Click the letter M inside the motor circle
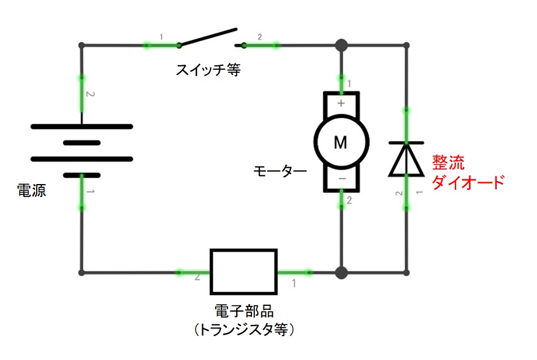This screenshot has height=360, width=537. tap(341, 142)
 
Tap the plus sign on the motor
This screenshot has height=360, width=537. tap(341, 103)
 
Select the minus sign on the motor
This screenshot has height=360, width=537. tap(341, 178)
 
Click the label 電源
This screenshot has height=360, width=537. tap(31, 190)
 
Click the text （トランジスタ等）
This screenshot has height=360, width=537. tap(244, 330)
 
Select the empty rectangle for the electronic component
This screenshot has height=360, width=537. tap(244, 271)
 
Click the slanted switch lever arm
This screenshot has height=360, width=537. tap(208, 36)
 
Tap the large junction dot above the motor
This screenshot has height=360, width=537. tap(341, 45)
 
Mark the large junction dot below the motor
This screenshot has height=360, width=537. tap(341, 272)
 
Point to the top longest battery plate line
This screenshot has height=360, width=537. tap(82, 126)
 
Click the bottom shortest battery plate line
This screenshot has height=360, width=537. tap(82, 175)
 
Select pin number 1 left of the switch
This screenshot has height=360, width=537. tap(162, 38)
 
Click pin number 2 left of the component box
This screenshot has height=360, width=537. tap(198, 278)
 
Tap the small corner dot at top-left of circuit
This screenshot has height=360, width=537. tap(82, 45)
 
